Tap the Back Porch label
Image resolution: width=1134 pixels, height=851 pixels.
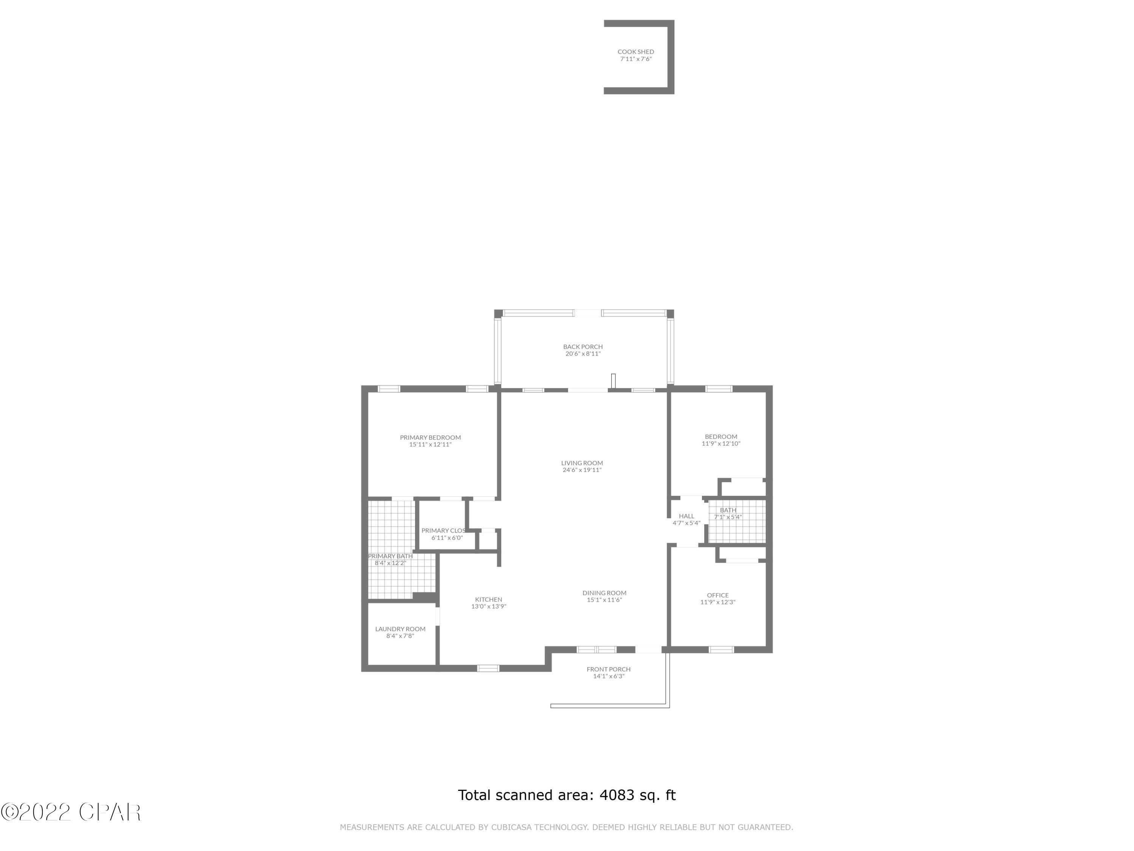(x=582, y=347)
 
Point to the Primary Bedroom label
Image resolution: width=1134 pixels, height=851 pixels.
(x=430, y=438)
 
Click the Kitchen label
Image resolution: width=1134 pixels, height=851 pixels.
(x=488, y=599)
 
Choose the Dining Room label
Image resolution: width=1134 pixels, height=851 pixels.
(x=604, y=593)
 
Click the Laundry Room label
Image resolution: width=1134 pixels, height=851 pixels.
(x=400, y=629)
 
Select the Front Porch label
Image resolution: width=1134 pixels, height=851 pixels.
(x=609, y=669)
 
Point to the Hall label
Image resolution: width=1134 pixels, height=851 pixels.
(x=686, y=516)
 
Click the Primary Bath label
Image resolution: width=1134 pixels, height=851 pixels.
(x=390, y=556)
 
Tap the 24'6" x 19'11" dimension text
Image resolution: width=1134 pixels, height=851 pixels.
(x=582, y=470)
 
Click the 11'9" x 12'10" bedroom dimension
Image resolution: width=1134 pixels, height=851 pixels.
(x=721, y=444)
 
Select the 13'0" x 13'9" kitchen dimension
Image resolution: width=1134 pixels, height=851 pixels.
(x=488, y=606)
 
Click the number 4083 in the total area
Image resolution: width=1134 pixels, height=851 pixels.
(x=617, y=795)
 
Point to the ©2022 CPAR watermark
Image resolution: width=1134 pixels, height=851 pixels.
(x=71, y=812)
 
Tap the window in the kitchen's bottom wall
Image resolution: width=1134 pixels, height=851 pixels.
(x=488, y=668)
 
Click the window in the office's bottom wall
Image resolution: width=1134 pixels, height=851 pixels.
(x=721, y=649)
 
